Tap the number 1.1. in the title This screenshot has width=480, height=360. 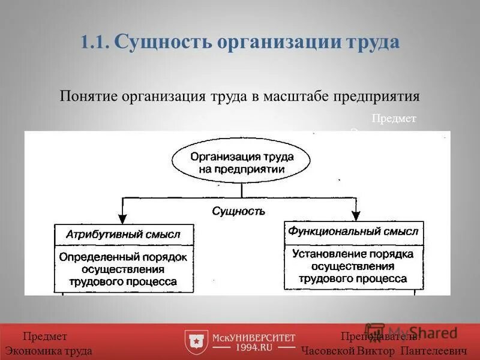[94, 43]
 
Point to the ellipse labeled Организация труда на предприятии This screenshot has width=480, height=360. [242, 163]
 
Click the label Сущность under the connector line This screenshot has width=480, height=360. [238, 211]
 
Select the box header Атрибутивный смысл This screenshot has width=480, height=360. [124, 235]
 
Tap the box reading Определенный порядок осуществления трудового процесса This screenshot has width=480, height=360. [124, 269]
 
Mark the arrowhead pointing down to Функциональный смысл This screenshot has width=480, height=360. [355, 215]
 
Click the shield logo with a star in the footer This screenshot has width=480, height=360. [196, 341]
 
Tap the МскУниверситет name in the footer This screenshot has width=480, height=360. [254, 337]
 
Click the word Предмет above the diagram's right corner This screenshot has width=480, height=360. [394, 119]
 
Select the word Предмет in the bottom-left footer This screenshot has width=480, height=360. [45, 337]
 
